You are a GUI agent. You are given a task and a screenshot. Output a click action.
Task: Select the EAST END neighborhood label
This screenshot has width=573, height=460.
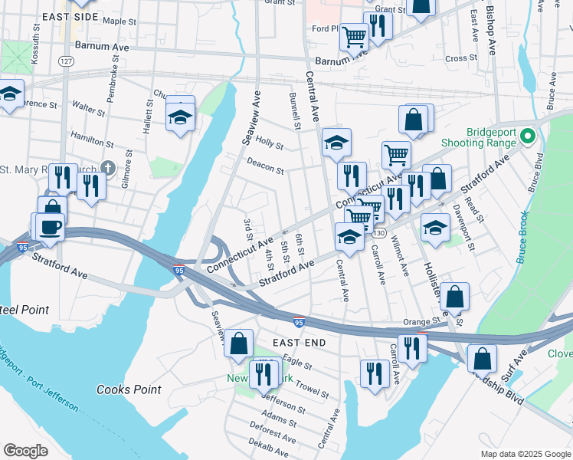click(x=296, y=342)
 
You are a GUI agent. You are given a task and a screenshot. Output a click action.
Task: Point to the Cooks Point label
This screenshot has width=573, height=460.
click(x=129, y=389)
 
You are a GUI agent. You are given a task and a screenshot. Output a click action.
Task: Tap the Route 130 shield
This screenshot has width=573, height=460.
click(x=379, y=232)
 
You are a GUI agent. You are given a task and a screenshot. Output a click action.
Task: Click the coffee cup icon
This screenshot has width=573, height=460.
click(x=51, y=228)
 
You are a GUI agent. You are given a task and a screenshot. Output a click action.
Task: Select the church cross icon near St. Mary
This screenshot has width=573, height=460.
click(x=109, y=167)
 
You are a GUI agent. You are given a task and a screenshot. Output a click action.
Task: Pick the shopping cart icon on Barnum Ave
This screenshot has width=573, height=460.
click(x=354, y=34)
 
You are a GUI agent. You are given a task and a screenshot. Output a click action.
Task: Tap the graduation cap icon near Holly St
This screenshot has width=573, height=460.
click(x=336, y=142)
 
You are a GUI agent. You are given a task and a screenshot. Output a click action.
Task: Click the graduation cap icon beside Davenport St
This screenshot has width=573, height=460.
click(x=435, y=227)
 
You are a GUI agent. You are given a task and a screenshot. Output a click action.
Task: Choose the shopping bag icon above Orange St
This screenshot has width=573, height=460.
click(x=454, y=295)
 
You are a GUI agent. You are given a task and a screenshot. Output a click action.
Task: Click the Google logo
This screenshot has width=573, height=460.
click(x=25, y=451)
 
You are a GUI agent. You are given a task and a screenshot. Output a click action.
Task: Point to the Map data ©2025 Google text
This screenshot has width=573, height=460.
click(x=525, y=454)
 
